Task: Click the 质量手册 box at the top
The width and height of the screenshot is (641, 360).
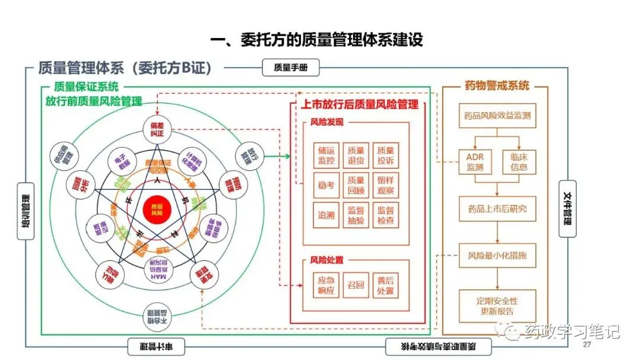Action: pos(291,68)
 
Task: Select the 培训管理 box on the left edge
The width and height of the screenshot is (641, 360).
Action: pos(27,210)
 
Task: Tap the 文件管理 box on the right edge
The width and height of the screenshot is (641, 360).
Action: pos(567,208)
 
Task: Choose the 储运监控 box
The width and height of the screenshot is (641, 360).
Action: pos(326,155)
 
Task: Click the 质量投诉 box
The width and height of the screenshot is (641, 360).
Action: pos(385,155)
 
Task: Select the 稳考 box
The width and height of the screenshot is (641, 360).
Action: pos(326,186)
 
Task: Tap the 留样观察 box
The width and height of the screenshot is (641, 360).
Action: pos(385,186)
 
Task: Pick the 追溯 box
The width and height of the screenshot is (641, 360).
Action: pos(326,215)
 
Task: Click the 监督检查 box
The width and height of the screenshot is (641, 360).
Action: pos(385,215)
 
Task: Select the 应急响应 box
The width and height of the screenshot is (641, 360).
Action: pos(326,285)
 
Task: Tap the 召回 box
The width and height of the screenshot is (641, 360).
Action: pos(356,285)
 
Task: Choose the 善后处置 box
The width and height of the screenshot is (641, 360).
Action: pos(385,285)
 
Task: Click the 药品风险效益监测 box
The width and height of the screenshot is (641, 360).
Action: pos(497,116)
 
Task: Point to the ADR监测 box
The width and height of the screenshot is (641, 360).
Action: pos(475,161)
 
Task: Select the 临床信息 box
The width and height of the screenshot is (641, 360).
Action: pos(519,161)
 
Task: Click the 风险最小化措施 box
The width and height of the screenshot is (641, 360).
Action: pos(497,257)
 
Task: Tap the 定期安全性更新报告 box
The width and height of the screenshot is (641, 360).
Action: pos(497,305)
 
